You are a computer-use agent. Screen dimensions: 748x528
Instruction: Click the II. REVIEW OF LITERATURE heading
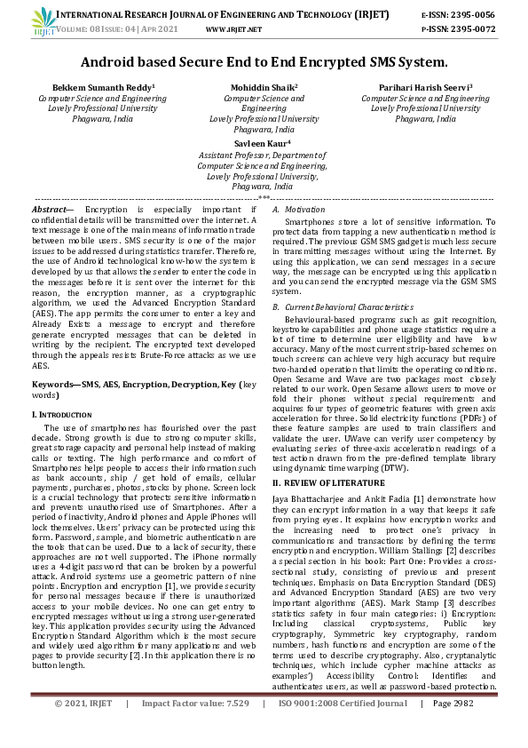tap(327, 481)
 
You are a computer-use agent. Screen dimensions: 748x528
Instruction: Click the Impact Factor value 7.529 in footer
tap(234, 728)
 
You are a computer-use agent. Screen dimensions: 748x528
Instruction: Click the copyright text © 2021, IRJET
tap(83, 728)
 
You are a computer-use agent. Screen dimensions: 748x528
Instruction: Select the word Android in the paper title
tap(110, 62)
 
